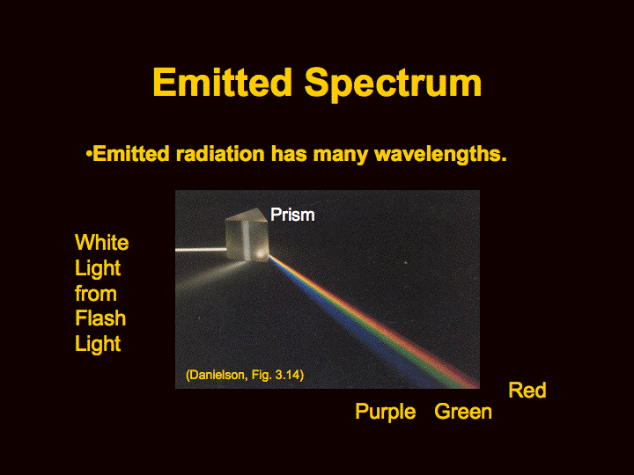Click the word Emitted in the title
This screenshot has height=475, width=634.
pos(223,82)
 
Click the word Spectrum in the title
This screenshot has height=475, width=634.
pos(393,84)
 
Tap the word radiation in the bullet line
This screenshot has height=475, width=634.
pos(220,154)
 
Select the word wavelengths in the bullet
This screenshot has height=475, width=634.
pos(440,155)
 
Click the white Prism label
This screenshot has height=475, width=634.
pos(292,215)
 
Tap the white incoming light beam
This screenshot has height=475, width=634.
pos(201,250)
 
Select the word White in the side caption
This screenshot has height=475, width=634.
pos(102,243)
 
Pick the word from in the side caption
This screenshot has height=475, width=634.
pos(96,293)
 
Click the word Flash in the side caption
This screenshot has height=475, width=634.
pos(100,318)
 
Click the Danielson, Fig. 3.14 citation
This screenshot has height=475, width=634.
pos(245,375)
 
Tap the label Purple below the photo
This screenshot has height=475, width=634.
pos(386,412)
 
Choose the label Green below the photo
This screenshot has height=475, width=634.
pos(463,412)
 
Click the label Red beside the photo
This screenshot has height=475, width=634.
pos(527,390)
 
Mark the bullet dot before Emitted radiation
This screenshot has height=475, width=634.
pos(89,154)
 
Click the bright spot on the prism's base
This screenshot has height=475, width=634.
pos(259,253)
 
